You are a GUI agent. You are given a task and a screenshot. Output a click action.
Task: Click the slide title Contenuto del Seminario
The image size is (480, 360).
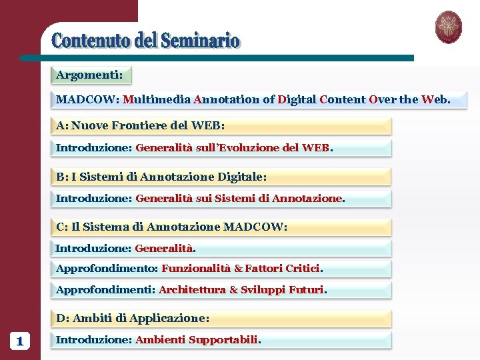(x=145, y=41)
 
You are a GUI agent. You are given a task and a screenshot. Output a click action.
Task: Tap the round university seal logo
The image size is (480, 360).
(x=448, y=27)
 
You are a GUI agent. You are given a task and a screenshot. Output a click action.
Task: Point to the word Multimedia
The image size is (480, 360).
(x=157, y=100)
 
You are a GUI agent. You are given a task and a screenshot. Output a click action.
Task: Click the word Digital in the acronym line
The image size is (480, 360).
(x=297, y=100)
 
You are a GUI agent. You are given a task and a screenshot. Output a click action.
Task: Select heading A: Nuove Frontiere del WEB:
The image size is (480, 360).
(x=141, y=125)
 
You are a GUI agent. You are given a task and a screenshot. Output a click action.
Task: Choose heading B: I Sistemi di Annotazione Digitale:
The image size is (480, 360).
(x=161, y=177)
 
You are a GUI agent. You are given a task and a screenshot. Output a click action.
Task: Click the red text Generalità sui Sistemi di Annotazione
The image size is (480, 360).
(x=239, y=198)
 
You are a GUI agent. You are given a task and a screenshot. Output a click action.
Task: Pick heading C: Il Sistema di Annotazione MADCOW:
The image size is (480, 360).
(x=172, y=227)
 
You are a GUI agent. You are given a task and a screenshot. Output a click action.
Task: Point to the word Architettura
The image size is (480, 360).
(x=192, y=290)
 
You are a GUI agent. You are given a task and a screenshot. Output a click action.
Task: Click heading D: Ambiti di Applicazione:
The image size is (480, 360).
(x=133, y=319)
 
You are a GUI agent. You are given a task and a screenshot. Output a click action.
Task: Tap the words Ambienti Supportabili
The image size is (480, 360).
(x=197, y=340)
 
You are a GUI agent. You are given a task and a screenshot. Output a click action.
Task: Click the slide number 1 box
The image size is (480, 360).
(x=19, y=341)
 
